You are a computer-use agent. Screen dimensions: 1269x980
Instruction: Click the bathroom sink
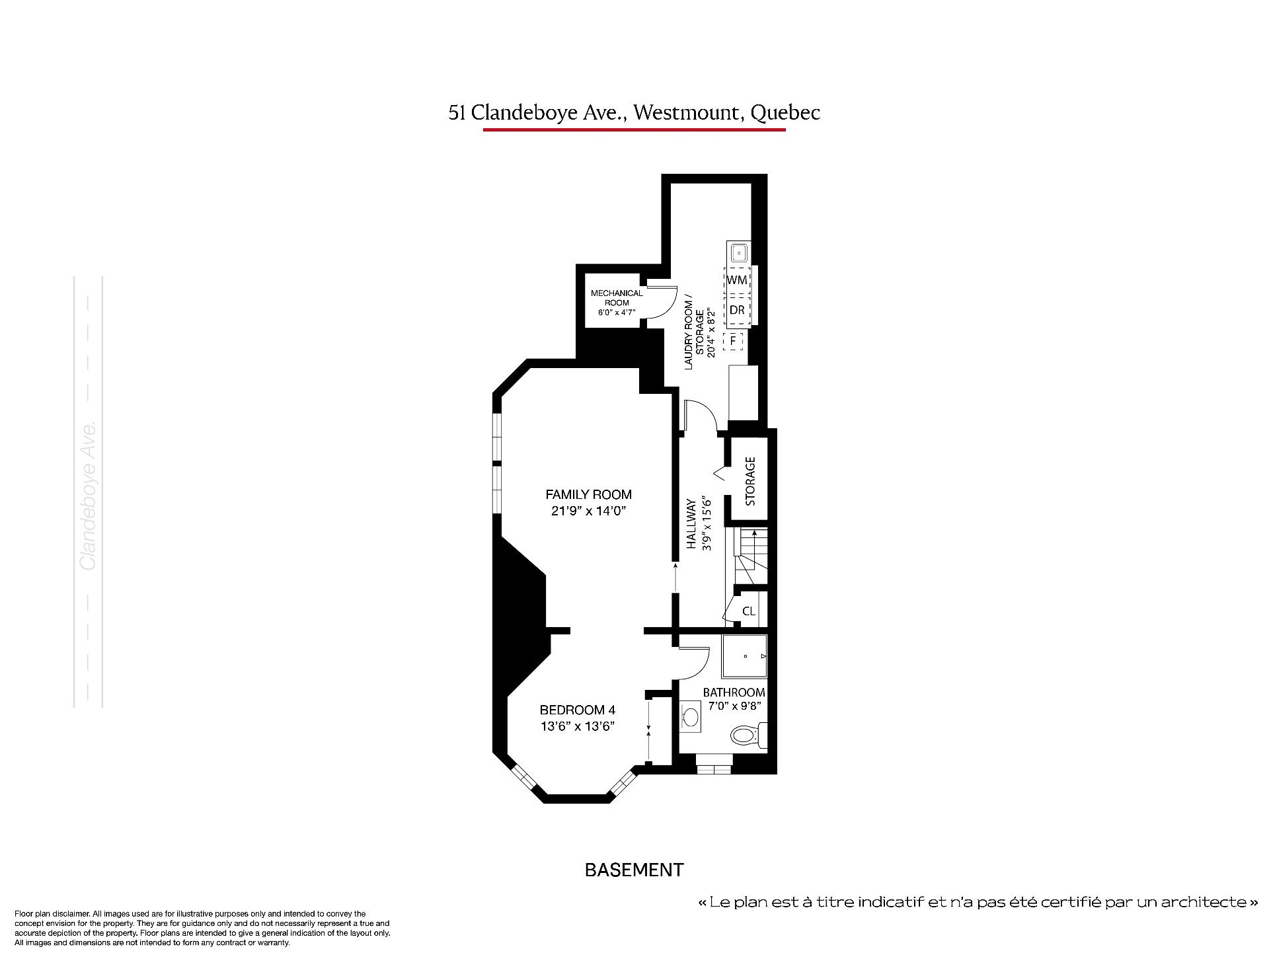690,716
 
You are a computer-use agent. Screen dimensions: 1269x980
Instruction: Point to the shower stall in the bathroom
745,656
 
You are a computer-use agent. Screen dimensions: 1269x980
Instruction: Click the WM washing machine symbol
737,280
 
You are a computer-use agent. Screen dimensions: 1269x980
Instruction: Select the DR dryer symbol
737,310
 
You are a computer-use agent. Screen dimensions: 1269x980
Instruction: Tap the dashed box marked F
733,342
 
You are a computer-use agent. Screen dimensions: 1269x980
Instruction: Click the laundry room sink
738,252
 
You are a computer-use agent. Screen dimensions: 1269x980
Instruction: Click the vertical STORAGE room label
750,481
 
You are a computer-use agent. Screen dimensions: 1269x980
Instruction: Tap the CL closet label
749,612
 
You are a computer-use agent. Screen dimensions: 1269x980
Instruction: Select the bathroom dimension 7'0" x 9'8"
734,705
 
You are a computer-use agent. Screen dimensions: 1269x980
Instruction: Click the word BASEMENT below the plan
634,870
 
